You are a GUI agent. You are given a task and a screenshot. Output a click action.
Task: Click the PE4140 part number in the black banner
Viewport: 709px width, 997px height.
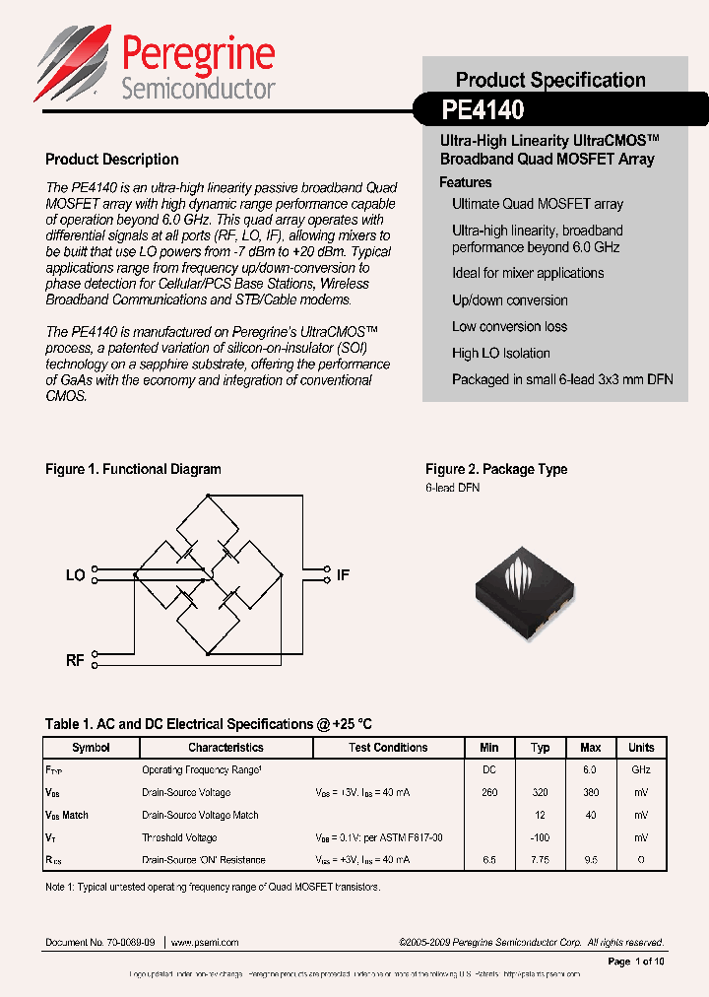click(x=483, y=107)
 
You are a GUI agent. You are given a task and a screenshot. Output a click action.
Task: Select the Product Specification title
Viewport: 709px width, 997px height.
click(x=550, y=80)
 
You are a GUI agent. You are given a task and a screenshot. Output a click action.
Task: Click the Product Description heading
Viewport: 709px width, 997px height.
click(x=112, y=160)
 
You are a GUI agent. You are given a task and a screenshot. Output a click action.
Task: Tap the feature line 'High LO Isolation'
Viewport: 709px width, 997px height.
click(x=500, y=353)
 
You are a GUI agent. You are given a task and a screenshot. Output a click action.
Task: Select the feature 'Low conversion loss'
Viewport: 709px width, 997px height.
click(x=509, y=326)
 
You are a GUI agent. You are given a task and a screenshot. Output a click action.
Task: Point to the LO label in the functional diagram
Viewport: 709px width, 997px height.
click(x=75, y=575)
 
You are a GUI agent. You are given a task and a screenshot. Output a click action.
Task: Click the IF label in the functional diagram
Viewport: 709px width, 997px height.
click(x=343, y=575)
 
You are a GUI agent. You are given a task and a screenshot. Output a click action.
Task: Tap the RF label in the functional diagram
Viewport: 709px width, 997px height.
click(x=75, y=660)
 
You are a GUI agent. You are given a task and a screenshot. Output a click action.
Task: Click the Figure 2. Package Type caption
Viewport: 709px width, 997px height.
click(x=496, y=469)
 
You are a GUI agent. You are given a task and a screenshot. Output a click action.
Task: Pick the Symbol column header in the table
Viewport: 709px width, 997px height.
click(x=91, y=748)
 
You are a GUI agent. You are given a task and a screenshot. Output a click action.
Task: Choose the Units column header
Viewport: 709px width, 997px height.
click(x=641, y=748)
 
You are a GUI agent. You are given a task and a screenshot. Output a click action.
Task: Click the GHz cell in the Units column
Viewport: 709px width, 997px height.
click(x=641, y=769)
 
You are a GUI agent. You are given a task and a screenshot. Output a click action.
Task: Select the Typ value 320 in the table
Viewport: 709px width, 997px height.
click(x=540, y=792)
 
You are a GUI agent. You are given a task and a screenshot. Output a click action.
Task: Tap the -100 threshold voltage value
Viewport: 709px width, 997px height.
click(x=540, y=837)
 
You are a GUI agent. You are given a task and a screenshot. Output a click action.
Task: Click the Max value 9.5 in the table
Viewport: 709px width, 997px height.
click(x=590, y=860)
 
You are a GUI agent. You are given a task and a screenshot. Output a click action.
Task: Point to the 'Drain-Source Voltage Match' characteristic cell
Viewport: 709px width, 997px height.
click(x=200, y=815)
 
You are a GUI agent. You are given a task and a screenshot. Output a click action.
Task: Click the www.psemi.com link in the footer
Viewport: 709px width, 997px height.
click(x=205, y=942)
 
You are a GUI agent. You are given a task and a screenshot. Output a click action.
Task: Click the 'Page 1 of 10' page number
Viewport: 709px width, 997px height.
click(x=636, y=961)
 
